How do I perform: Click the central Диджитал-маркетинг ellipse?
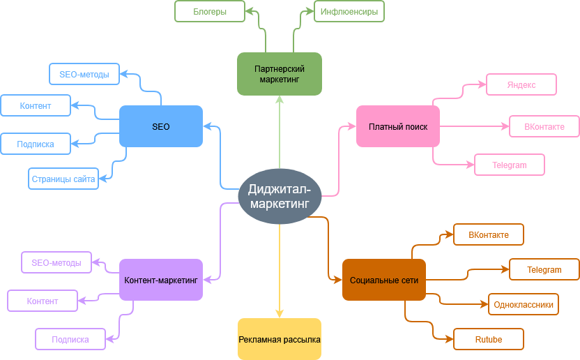click(x=280, y=196)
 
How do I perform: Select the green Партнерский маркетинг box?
click(x=280, y=73)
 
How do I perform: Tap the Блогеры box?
click(x=210, y=11)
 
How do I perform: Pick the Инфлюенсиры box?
click(x=349, y=11)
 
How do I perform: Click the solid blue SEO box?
click(x=161, y=126)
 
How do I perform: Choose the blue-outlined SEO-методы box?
click(x=84, y=74)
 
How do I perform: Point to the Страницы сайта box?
click(x=63, y=179)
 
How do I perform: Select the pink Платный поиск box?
click(x=398, y=126)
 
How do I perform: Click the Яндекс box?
click(x=521, y=84)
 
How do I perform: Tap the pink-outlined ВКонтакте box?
click(x=544, y=126)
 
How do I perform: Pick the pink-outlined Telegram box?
click(x=510, y=165)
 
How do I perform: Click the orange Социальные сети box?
click(x=384, y=280)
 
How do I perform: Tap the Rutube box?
click(x=489, y=339)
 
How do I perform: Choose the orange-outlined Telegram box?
click(x=544, y=269)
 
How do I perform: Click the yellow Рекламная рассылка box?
click(x=280, y=339)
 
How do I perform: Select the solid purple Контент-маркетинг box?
click(x=161, y=280)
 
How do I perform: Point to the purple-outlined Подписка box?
click(x=70, y=339)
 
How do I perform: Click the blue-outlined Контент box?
click(x=36, y=105)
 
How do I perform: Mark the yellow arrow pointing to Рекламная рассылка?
click(x=280, y=279)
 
